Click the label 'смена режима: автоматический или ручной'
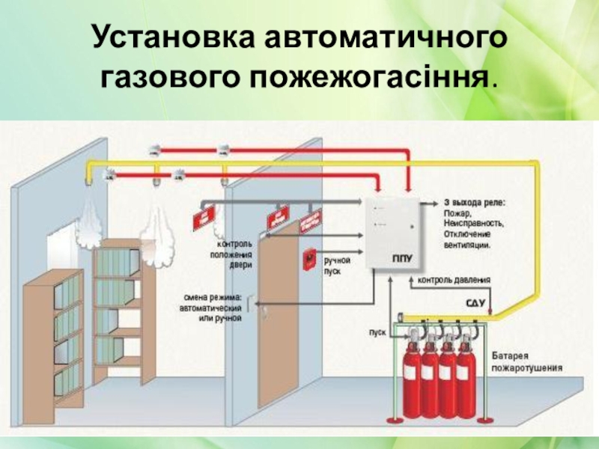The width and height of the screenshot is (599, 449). (x=213, y=308)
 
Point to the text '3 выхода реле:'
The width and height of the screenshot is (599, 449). (x=475, y=203)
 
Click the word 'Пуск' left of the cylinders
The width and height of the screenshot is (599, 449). (x=377, y=330)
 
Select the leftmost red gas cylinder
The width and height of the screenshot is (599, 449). (x=410, y=374)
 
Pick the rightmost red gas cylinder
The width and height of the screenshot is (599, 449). (x=467, y=374)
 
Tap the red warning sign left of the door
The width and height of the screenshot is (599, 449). (x=202, y=216)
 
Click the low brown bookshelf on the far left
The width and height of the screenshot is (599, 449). (x=52, y=344)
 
